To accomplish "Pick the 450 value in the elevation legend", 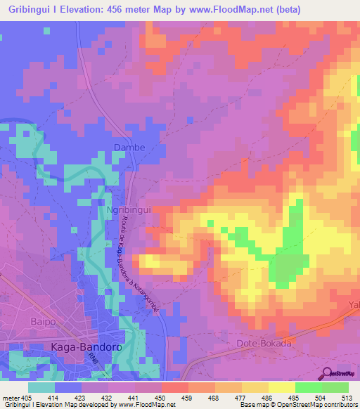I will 161,397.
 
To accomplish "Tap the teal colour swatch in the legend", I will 41,387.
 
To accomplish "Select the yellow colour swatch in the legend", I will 281,387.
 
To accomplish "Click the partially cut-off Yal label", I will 354,305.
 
